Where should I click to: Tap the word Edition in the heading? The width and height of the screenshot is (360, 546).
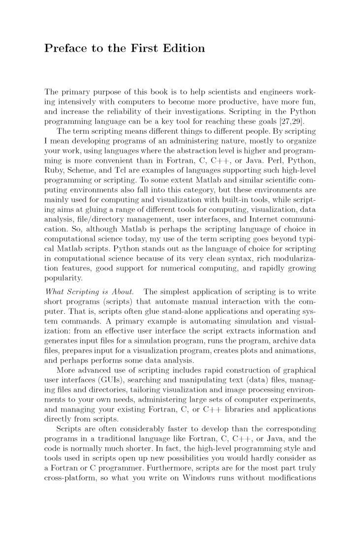(x=181, y=49)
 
